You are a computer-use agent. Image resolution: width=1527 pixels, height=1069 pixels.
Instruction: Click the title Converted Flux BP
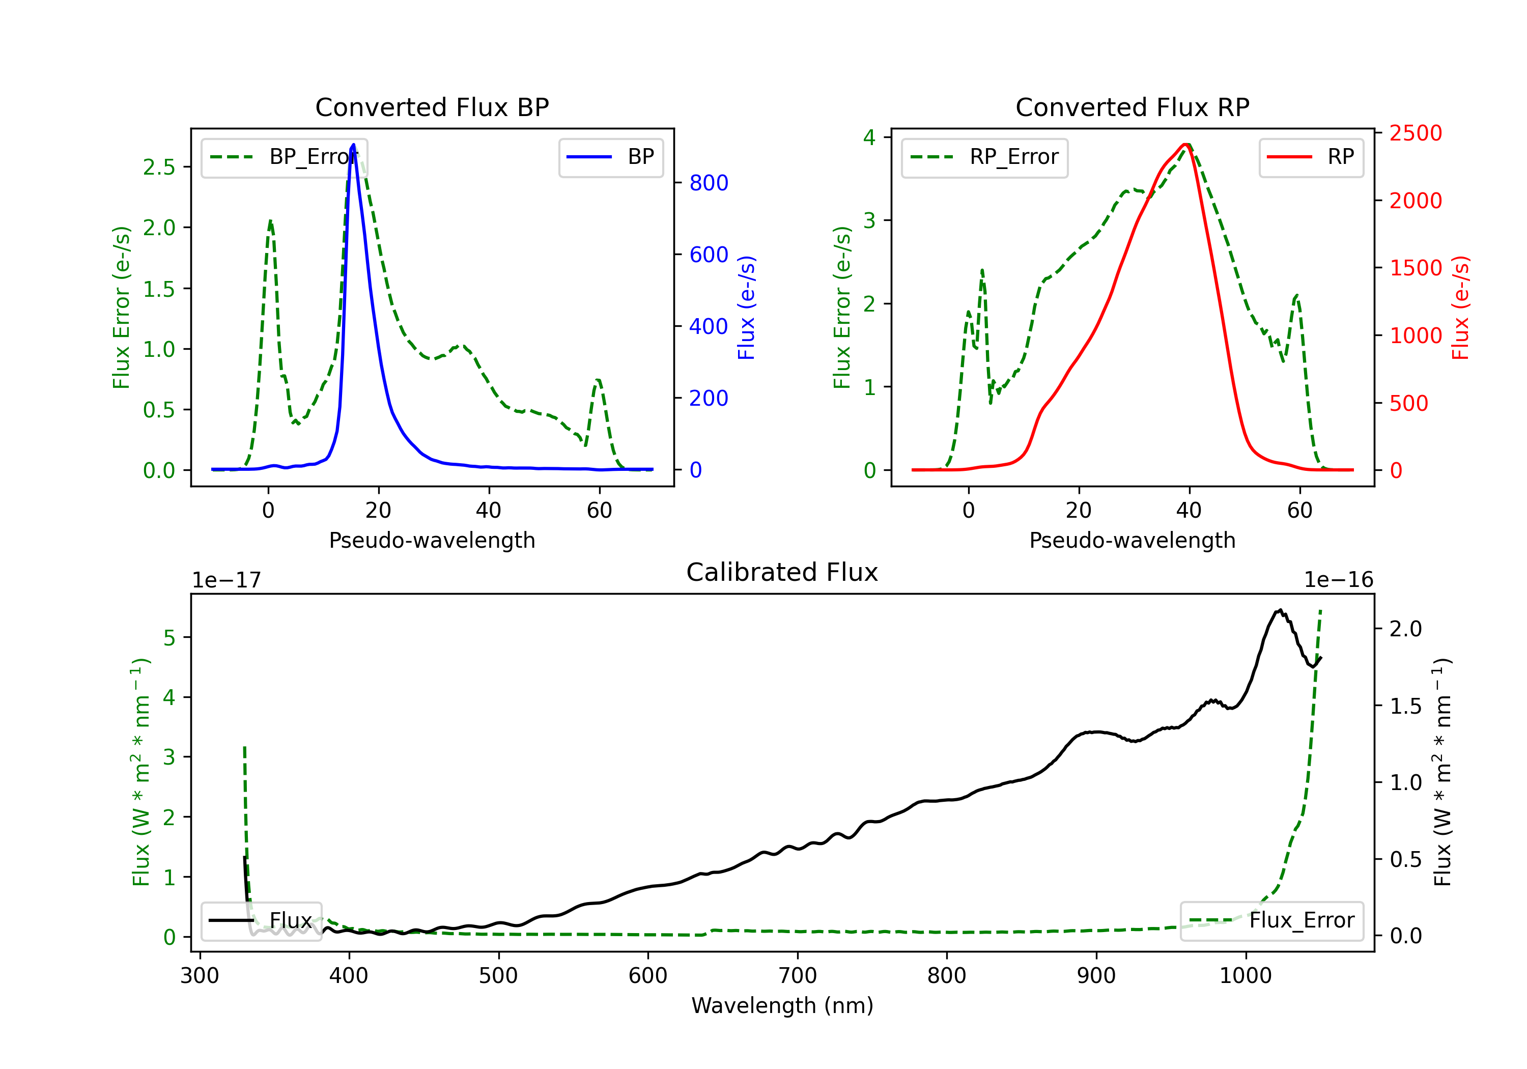point(432,107)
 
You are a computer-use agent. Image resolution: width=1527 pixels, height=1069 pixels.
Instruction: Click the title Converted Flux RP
point(1133,107)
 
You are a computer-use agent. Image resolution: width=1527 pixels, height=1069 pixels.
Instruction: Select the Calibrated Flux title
point(782,572)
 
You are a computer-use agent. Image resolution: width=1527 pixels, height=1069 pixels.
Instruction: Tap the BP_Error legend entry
point(285,157)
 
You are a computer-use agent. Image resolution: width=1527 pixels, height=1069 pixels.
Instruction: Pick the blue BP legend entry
point(610,157)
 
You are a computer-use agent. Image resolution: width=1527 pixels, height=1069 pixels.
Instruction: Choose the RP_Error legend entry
point(985,157)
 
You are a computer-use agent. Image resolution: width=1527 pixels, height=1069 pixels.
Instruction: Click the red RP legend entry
point(1311,157)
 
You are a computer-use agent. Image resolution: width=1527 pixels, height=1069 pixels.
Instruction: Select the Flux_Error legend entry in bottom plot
point(1271,921)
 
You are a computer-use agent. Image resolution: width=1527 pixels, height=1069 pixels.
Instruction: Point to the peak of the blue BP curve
point(353,145)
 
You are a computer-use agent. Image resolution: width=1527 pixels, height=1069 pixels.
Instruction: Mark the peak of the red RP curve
point(1186,145)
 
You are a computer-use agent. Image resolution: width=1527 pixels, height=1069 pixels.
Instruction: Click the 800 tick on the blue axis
point(709,183)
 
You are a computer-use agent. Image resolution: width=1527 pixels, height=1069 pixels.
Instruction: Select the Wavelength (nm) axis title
point(782,1006)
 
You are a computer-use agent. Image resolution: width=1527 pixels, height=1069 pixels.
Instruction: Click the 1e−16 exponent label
point(1338,580)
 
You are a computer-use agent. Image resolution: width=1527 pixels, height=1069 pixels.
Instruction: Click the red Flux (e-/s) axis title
point(1460,308)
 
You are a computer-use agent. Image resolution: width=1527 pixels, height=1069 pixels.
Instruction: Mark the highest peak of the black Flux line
point(1280,610)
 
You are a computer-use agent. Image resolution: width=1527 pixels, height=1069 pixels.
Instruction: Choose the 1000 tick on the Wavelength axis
point(1246,976)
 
